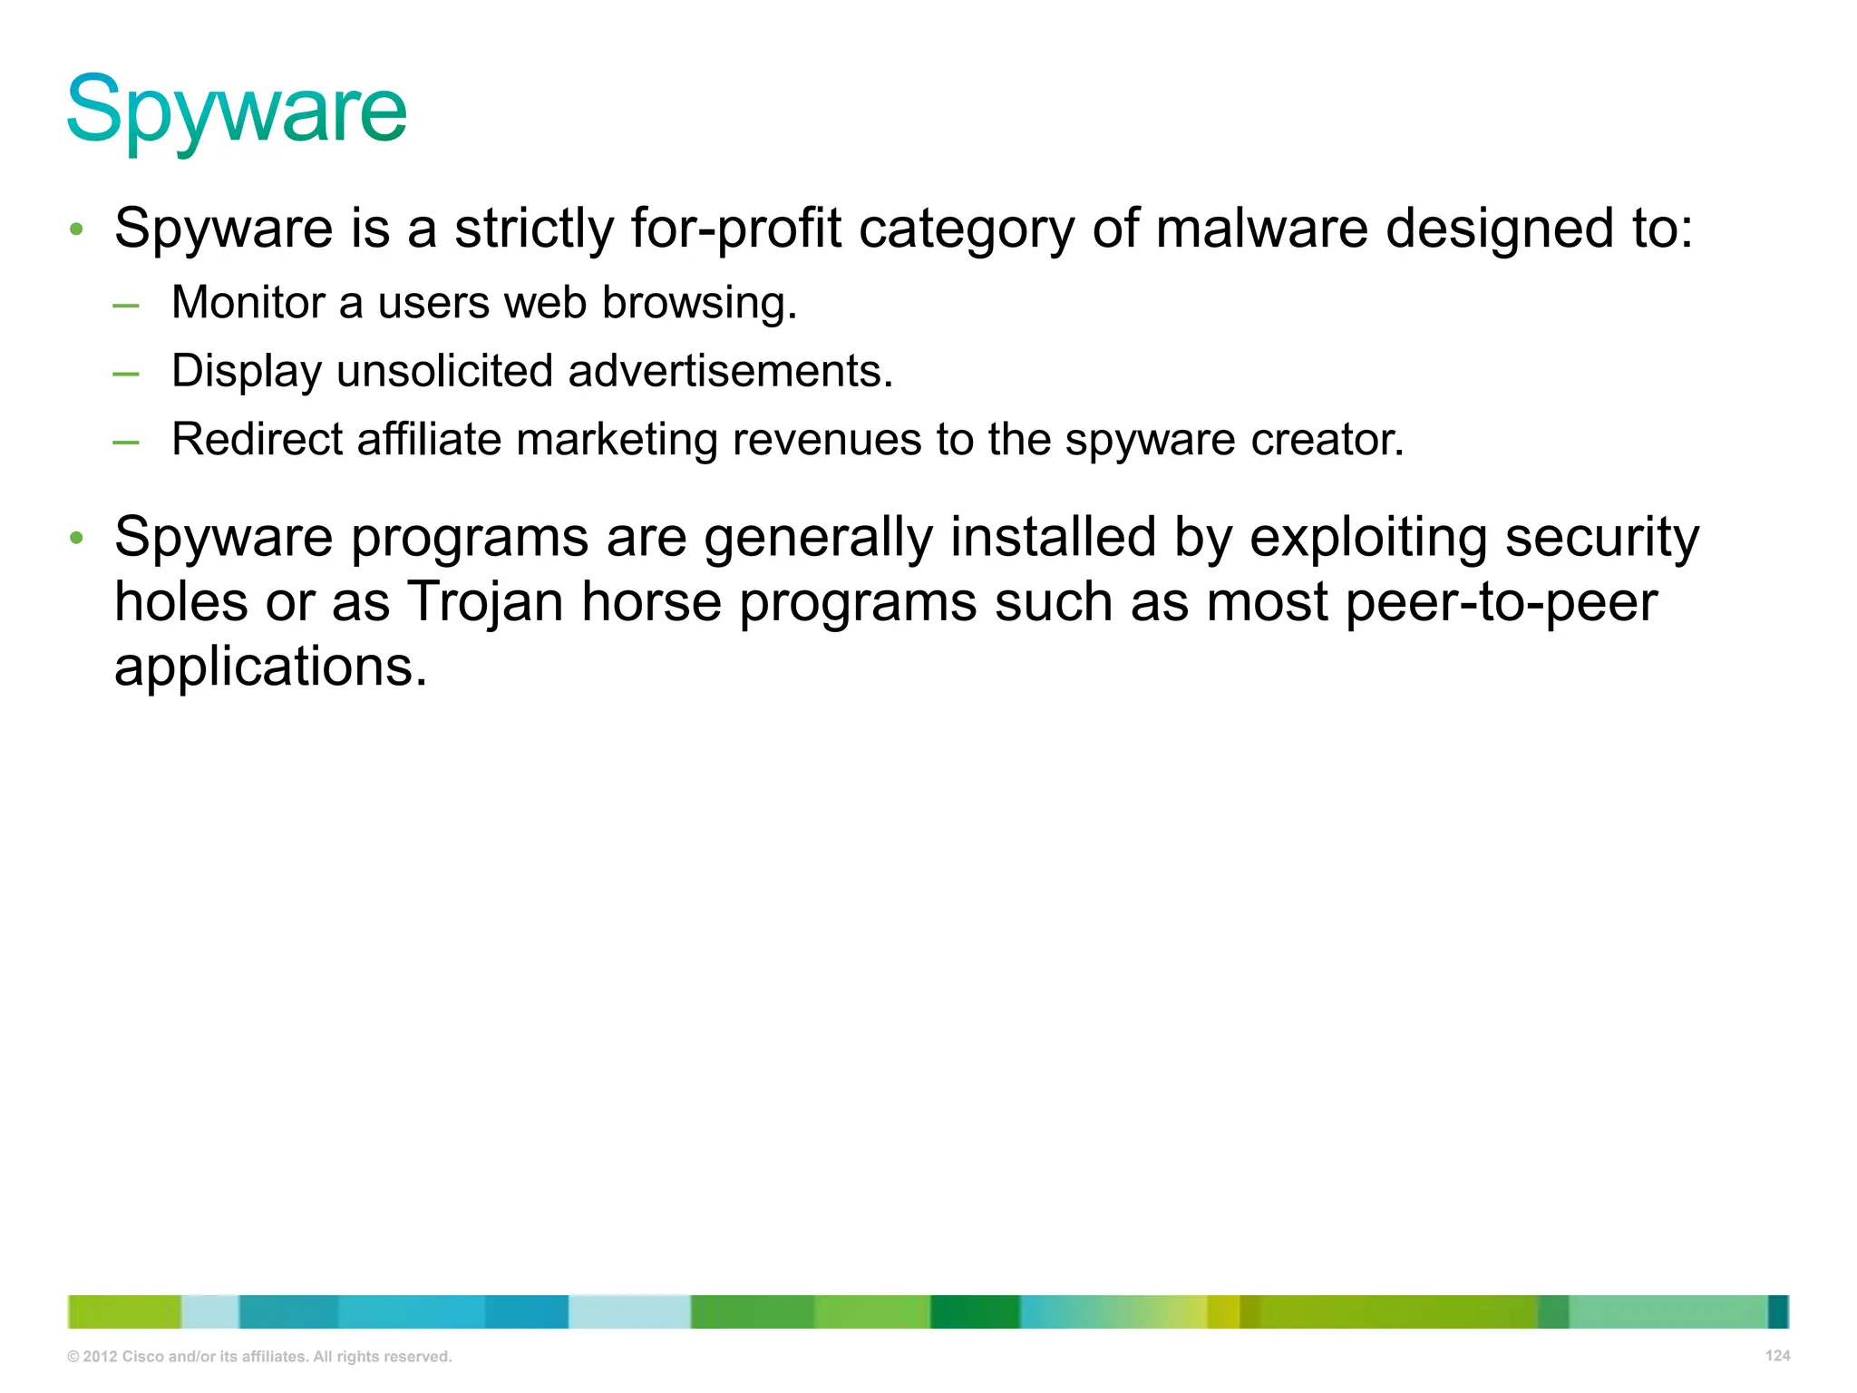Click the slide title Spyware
[237, 111]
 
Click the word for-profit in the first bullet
[736, 228]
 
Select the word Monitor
[248, 302]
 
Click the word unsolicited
[444, 371]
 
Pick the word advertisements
[731, 371]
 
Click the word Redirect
[257, 439]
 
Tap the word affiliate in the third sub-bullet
[429, 439]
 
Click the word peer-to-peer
[1502, 602]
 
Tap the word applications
[270, 667]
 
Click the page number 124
[1777, 1356]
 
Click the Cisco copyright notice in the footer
[259, 1357]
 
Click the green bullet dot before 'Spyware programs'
[77, 538]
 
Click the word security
[1602, 538]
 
